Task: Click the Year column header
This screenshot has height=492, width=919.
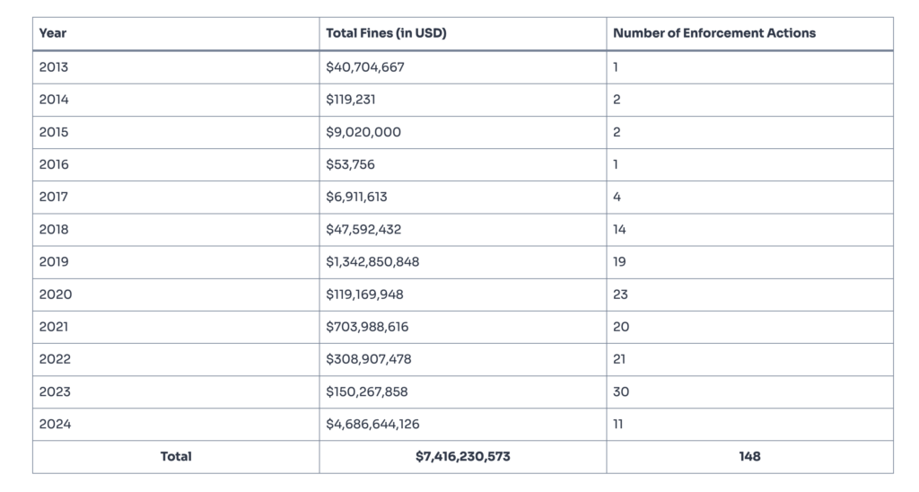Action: coord(53,33)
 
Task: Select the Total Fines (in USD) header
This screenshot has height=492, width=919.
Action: coord(386,33)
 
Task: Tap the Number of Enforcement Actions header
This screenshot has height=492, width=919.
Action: coord(714,33)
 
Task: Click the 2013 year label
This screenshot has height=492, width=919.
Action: coord(54,67)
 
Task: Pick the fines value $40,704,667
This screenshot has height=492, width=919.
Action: coord(365,67)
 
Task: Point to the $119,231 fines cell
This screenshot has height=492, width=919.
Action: coord(351,100)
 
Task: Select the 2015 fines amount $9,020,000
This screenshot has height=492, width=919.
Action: coord(363,132)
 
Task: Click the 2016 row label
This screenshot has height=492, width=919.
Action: coord(54,164)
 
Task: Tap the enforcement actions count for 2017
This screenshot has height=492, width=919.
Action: coord(617,197)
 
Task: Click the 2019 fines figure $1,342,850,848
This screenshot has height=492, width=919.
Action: coord(372,261)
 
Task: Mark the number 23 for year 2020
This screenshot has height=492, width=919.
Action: coord(620,294)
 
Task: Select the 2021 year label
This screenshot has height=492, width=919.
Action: coord(54,327)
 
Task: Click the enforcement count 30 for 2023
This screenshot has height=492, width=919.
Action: coord(621,391)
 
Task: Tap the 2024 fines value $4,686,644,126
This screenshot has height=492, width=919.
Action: coord(373,424)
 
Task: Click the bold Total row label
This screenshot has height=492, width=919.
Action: coord(176,456)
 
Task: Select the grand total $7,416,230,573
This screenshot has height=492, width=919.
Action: coord(463,456)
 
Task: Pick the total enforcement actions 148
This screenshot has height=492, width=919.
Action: coord(749,456)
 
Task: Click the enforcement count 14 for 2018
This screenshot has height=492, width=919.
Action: coord(619,229)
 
